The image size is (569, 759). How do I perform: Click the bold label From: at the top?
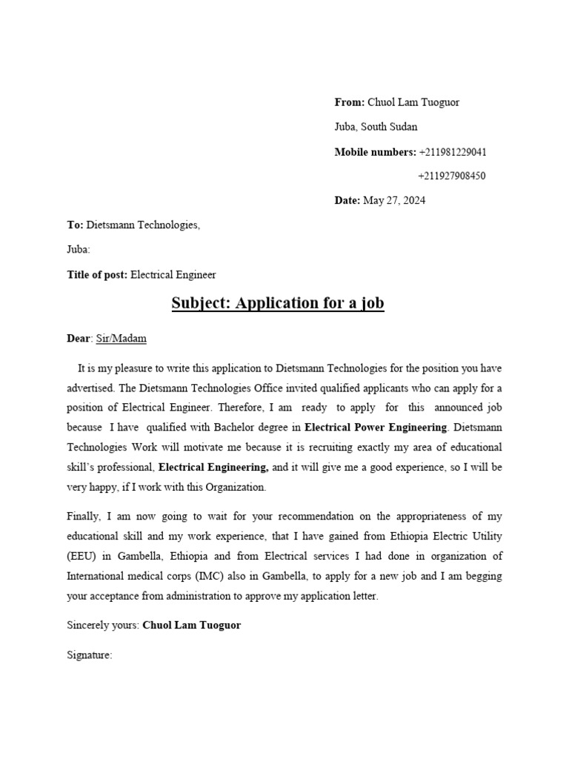point(349,102)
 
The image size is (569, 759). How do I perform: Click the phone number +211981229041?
point(453,152)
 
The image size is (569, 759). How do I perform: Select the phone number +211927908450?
point(452,176)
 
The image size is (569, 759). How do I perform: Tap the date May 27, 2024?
point(394,200)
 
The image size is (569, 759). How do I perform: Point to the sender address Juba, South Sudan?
point(376,127)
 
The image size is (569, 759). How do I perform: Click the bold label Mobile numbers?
point(375,152)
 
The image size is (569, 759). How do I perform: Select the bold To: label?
point(76,225)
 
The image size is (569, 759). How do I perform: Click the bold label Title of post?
point(98,274)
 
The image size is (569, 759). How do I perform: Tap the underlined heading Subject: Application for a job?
point(278,303)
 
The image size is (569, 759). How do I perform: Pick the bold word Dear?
point(79,338)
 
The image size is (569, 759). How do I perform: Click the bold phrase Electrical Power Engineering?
point(376,427)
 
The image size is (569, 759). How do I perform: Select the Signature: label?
point(89,654)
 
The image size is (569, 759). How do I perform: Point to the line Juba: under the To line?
point(79,250)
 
